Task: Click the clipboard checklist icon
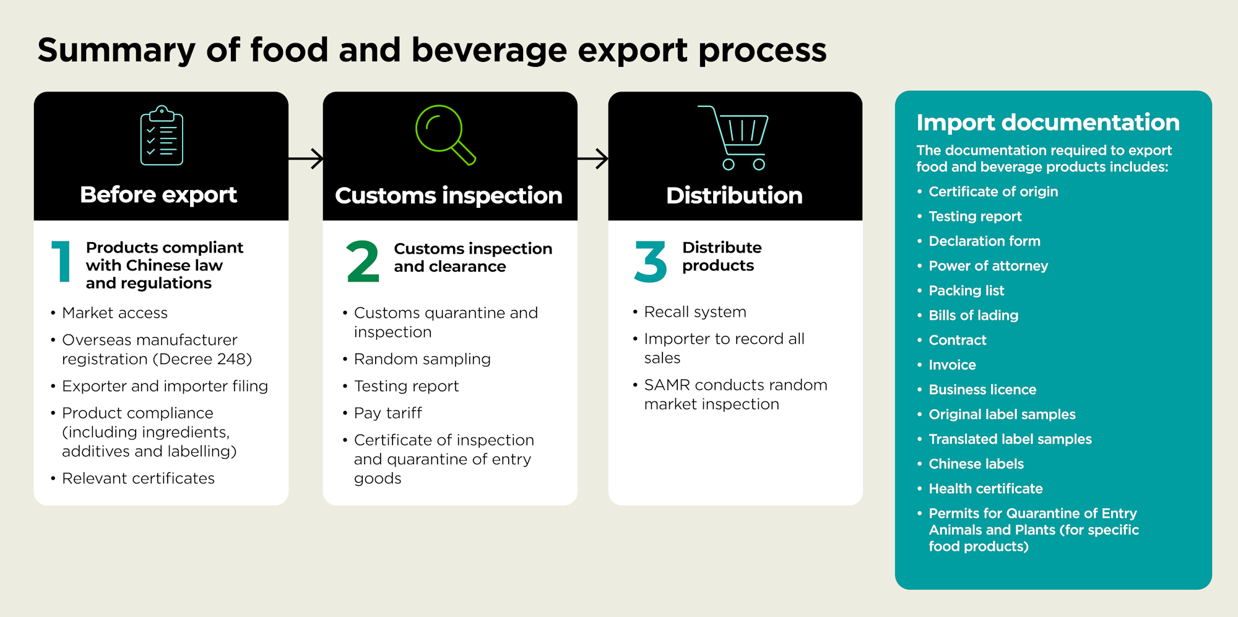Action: click(162, 136)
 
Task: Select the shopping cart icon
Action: click(736, 137)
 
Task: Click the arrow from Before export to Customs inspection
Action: click(306, 158)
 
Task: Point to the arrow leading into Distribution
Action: click(592, 158)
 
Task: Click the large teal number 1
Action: click(61, 262)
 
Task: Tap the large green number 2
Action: click(363, 262)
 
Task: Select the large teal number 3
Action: click(651, 262)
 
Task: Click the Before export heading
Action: click(158, 195)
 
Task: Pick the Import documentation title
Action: click(1047, 123)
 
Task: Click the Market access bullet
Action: click(115, 313)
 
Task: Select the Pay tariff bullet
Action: click(387, 413)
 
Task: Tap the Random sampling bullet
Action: click(422, 359)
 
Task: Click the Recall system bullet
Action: click(695, 312)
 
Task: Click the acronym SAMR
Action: click(667, 385)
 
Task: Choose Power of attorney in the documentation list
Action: click(988, 266)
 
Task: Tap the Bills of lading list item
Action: click(973, 316)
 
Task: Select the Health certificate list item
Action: click(985, 489)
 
